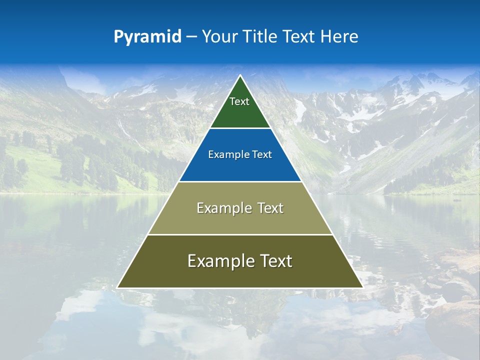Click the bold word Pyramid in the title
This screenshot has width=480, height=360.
[x=147, y=37]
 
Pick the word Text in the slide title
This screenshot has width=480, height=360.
[x=299, y=37]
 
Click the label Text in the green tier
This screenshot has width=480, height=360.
[x=239, y=101]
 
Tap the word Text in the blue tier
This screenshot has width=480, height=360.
[x=262, y=155]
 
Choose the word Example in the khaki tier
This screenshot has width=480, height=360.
[x=222, y=208]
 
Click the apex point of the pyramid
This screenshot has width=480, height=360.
[x=240, y=76]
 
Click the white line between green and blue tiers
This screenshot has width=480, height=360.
[x=240, y=128]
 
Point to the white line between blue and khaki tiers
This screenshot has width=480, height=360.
[x=240, y=181]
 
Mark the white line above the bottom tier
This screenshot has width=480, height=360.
[x=240, y=234]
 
